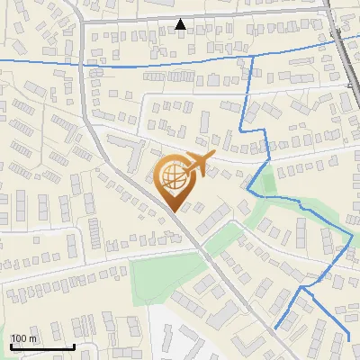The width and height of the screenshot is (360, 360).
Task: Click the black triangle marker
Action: [x=181, y=24]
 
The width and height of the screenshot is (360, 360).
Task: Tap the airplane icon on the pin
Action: [x=197, y=165]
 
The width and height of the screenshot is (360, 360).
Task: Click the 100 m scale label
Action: [x=23, y=338]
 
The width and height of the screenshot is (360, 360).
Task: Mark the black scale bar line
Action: [x=41, y=346]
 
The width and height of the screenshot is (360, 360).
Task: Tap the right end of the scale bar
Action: [x=74, y=346]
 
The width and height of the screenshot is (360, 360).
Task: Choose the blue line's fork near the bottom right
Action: [x=307, y=290]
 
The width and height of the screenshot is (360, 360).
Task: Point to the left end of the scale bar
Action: [x=10, y=346]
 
